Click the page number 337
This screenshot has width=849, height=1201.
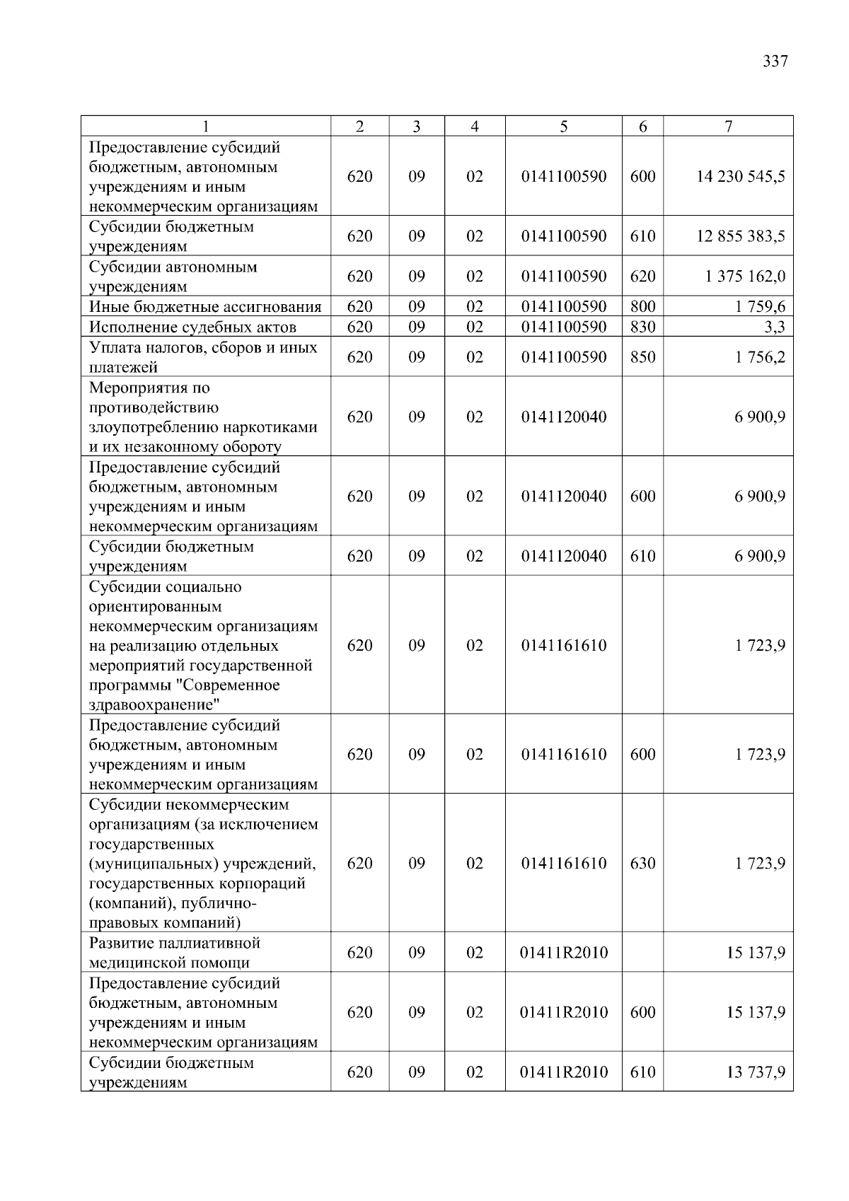click(775, 62)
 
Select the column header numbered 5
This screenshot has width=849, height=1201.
click(563, 127)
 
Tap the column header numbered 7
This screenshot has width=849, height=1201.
click(728, 127)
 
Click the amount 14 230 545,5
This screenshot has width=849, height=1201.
click(740, 177)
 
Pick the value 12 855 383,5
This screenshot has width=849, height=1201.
click(740, 236)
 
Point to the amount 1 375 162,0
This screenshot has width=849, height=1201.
click(744, 277)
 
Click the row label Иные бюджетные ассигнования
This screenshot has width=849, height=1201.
click(205, 307)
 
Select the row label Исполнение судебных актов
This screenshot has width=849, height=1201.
click(192, 327)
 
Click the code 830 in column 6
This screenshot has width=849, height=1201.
click(642, 327)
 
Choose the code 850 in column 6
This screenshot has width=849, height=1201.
click(642, 357)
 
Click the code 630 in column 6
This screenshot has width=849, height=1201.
click(642, 864)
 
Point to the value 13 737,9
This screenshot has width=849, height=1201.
click(756, 1072)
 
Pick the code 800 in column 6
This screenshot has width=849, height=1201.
click(642, 307)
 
